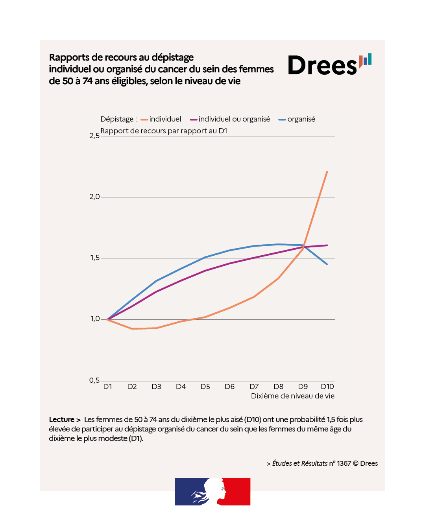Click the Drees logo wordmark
323,66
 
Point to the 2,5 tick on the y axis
94,136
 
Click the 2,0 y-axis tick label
94,197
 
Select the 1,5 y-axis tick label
94,258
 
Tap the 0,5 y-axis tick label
94,380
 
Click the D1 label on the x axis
107,387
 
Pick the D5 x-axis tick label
205,387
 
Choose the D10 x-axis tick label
327,387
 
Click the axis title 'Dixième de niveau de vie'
293,396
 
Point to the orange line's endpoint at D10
327,171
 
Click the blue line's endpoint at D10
327,264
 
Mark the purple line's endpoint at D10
327,245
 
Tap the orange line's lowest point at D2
132,328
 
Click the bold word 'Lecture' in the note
62,420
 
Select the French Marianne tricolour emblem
213,492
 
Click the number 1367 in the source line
344,463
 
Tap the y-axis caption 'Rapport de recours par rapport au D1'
164,131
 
